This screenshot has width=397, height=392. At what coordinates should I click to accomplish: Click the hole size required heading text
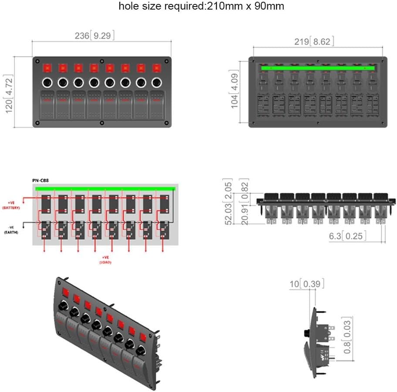coord(201,7)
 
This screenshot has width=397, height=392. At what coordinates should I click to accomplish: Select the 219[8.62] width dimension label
coord(314,42)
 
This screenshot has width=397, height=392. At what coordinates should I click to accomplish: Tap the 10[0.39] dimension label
coord(306,284)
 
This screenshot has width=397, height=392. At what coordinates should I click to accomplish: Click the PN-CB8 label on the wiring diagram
coord(41,180)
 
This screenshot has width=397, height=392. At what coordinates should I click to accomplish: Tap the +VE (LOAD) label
coord(105,260)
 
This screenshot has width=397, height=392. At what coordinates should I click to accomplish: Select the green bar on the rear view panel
coord(318,68)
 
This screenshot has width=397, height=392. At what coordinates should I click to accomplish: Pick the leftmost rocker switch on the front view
coord(47,104)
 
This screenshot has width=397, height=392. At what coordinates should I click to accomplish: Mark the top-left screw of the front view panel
coord(38,61)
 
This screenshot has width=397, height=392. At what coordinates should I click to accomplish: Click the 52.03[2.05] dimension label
coord(227,201)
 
